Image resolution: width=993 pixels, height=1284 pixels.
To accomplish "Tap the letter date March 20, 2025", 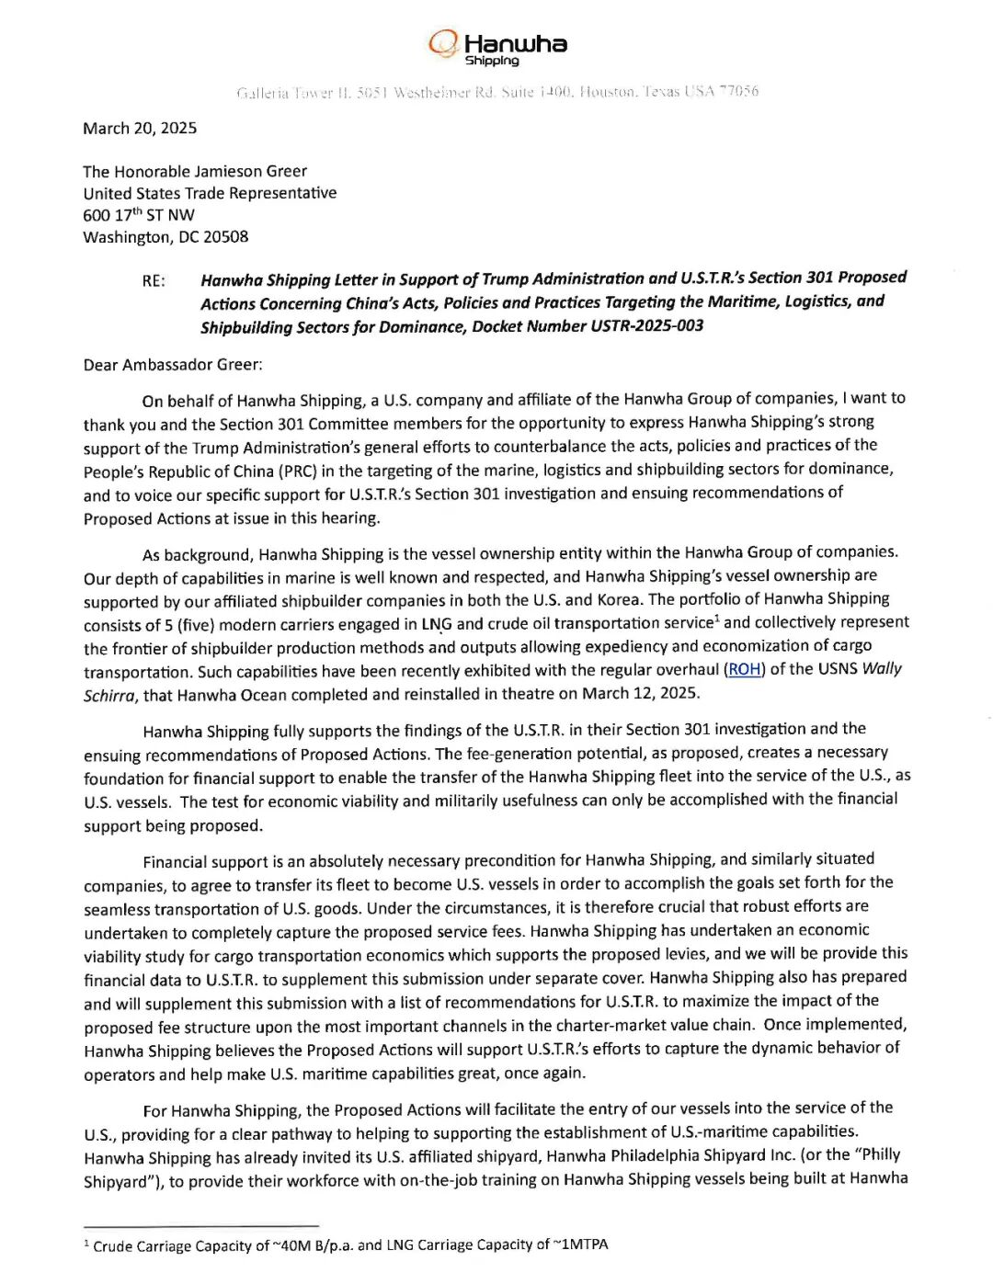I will (x=140, y=128).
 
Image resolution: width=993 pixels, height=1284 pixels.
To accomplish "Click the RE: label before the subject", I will (x=154, y=281).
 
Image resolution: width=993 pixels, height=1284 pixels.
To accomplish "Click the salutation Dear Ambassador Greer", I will (x=172, y=365).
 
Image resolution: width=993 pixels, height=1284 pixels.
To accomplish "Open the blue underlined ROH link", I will (x=744, y=669).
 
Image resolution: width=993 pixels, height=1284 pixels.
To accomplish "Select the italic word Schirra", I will (x=109, y=696).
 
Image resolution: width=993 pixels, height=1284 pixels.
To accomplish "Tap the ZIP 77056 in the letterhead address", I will (x=739, y=91).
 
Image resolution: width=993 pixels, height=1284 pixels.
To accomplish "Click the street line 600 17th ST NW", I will (x=139, y=215).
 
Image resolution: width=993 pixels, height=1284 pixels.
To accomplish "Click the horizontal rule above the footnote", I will (x=200, y=1225).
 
